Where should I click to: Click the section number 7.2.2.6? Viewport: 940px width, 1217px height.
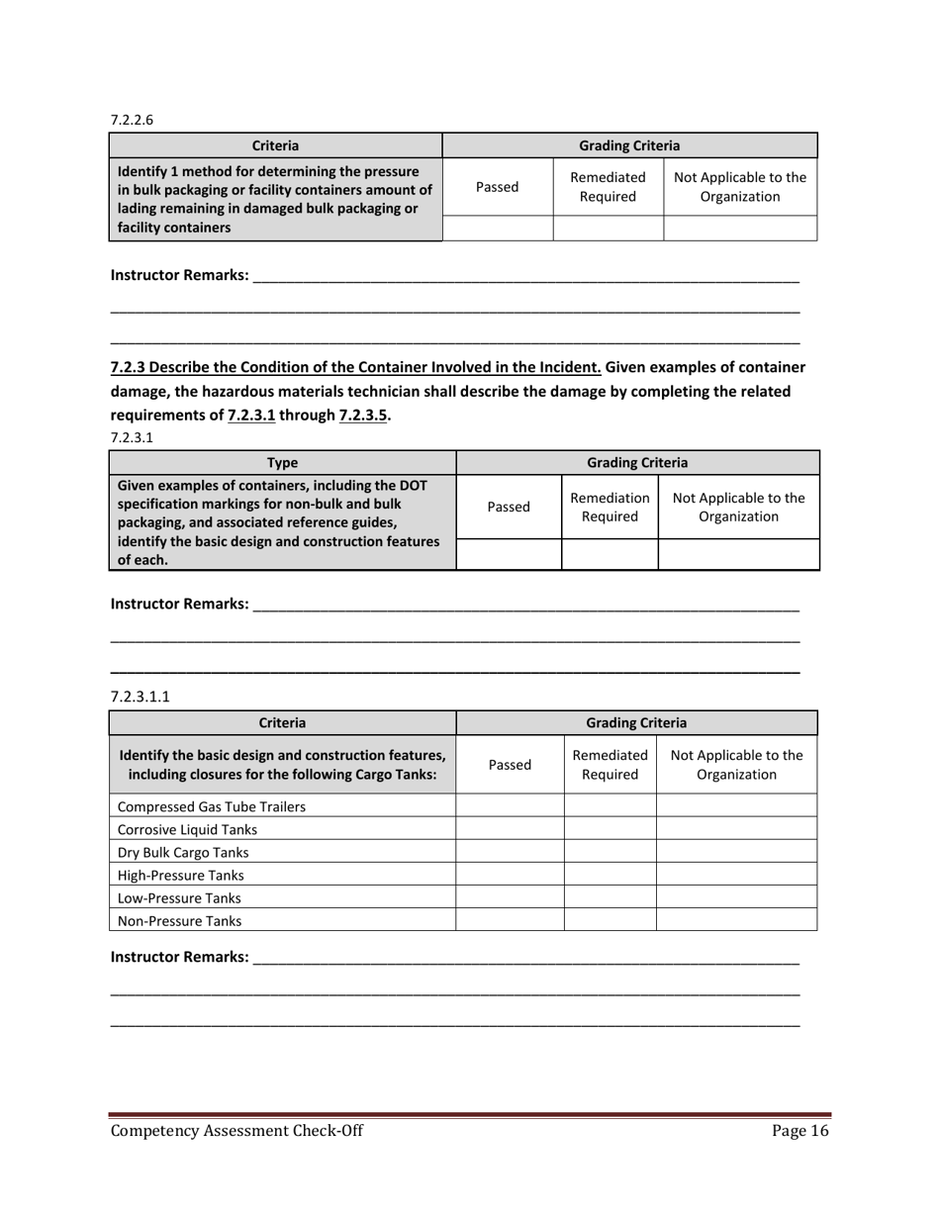coord(132,120)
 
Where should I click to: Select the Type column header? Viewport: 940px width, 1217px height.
coord(282,462)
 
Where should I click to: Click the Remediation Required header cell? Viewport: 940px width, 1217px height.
coord(610,506)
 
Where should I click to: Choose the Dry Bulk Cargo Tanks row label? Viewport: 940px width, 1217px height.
coord(183,852)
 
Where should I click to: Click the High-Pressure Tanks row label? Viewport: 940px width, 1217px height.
coord(180,875)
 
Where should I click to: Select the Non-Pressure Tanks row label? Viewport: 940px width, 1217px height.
coord(179,920)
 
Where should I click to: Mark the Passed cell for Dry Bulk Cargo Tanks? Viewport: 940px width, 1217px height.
coord(510,852)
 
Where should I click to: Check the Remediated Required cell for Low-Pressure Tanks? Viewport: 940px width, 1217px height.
coord(610,897)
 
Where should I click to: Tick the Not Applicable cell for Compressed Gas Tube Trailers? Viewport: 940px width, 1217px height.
coord(736,805)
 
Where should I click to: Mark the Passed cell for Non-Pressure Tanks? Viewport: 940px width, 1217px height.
coord(510,920)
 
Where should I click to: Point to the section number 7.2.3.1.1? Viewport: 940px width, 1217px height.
coord(141,696)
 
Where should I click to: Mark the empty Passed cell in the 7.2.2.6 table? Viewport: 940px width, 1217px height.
coord(497,229)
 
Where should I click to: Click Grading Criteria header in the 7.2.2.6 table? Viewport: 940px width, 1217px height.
coord(628,144)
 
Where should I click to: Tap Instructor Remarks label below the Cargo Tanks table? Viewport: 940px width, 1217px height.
coord(179,957)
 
